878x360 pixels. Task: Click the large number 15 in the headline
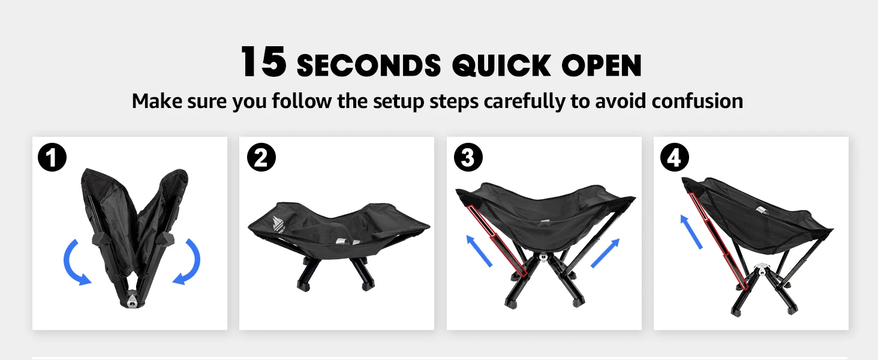coord(263,62)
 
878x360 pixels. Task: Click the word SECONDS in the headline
coord(369,65)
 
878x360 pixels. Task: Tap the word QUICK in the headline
coord(502,65)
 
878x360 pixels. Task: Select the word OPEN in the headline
coord(602,65)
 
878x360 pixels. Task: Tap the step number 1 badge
coord(52,158)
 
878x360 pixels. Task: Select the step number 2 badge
coord(261,158)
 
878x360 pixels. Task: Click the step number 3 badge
coord(468,158)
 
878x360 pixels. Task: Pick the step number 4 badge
coord(675,158)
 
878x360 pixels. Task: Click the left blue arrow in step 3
coord(480,250)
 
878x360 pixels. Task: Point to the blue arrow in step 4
coord(691,232)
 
